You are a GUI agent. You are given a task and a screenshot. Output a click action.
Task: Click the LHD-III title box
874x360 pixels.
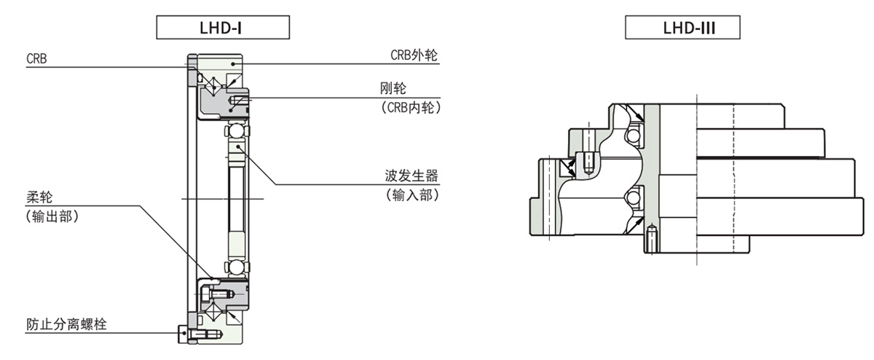coord(682,28)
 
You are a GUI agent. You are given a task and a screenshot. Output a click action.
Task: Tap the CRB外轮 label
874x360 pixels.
coord(414,55)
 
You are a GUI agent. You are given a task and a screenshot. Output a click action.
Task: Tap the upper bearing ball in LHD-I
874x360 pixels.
coord(235,131)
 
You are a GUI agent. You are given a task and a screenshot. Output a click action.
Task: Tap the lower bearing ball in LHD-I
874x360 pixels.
coord(235,265)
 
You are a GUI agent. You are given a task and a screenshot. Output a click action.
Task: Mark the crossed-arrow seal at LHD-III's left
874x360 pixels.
coord(566,168)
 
